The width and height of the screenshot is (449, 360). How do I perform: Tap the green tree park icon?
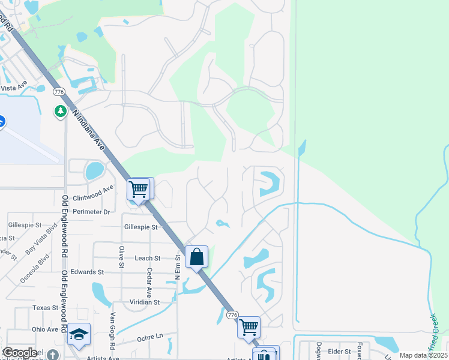(61, 111)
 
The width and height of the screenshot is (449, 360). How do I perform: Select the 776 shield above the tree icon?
(58, 92)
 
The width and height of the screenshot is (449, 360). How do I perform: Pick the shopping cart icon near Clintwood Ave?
(139, 189)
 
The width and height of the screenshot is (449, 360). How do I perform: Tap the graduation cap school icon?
(79, 334)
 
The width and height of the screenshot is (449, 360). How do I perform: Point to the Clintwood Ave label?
(92, 193)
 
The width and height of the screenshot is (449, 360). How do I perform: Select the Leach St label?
(148, 258)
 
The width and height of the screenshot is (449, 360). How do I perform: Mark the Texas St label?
(45, 307)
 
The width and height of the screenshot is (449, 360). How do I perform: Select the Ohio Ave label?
(45, 329)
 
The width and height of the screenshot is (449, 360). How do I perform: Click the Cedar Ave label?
(148, 277)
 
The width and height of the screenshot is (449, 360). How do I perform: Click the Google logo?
(20, 353)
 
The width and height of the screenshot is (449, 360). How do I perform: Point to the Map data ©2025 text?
(423, 355)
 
